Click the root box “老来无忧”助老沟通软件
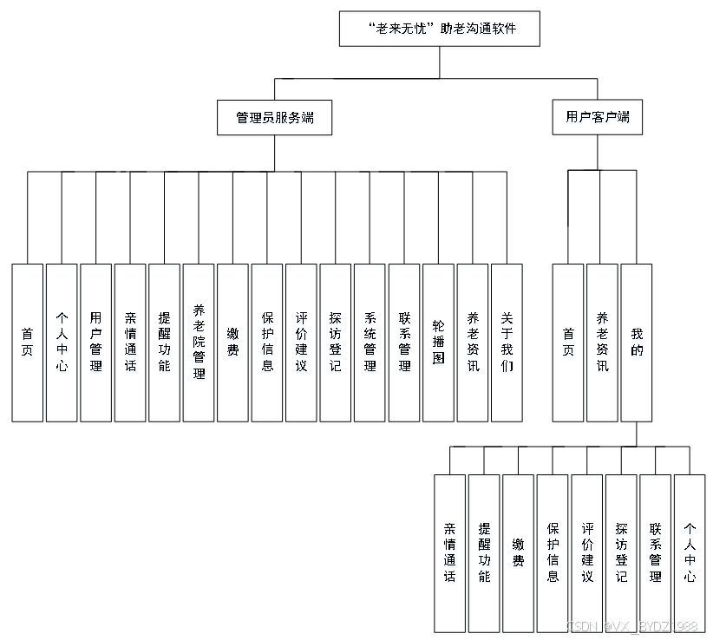440,29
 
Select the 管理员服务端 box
274,118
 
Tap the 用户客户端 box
597,117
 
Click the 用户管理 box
95,342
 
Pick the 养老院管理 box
199,342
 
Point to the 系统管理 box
370,342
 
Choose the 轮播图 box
438,342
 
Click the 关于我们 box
507,342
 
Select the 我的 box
637,342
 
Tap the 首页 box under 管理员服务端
27,342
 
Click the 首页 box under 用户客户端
568,342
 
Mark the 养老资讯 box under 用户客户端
602,342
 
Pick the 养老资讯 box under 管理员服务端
473,342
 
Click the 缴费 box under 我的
518,553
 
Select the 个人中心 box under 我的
690,553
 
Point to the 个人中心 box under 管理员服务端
62,342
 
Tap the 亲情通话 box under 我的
449,553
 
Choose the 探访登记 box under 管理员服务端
335,342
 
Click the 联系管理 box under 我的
655,553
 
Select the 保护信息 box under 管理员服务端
267,342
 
